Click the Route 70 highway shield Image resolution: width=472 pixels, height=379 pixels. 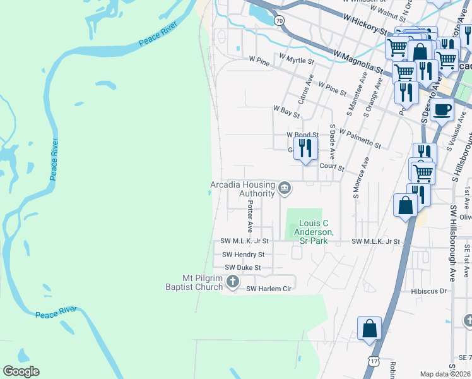pos(279,21)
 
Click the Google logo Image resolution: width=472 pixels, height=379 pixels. pos(21,371)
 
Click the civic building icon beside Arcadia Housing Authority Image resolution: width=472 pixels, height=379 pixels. pos(285,188)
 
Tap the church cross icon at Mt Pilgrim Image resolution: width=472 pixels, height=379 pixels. pos(232,282)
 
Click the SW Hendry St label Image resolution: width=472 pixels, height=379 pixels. pos(242,255)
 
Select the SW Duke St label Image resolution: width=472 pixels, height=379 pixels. pos(242,268)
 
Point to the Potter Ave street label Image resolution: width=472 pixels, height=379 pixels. pos(251,215)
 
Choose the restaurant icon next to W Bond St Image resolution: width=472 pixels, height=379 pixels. pos(305,148)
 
